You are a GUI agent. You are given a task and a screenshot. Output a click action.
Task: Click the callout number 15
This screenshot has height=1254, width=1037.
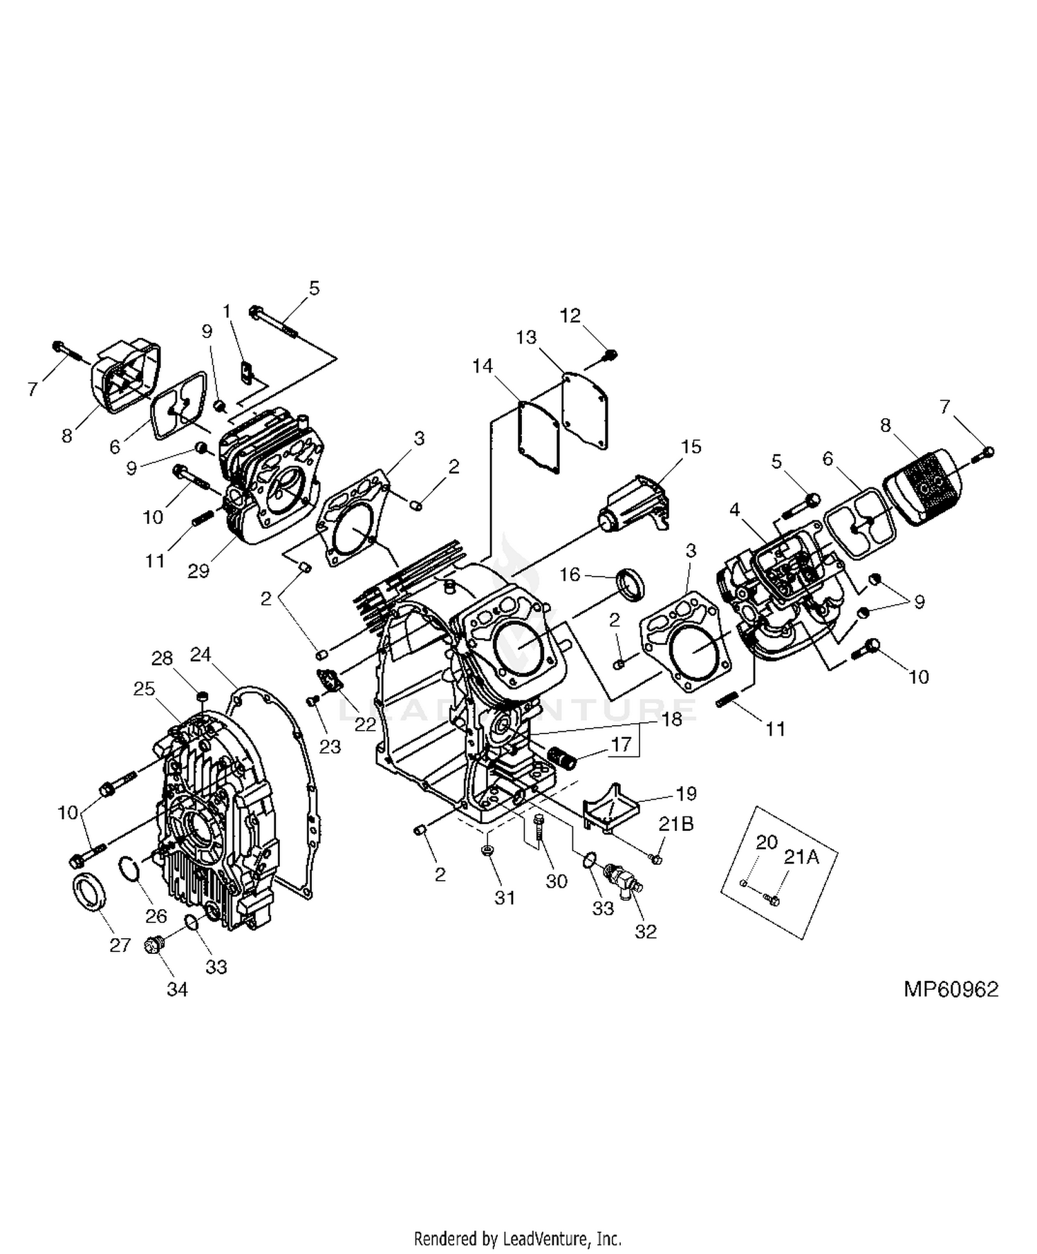[x=691, y=447]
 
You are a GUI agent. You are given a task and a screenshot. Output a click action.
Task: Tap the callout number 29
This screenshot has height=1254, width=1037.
[x=198, y=571]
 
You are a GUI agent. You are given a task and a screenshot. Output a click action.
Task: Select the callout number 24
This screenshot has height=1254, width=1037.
[x=200, y=654]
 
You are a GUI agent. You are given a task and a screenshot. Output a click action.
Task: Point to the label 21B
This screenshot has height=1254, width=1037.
[x=676, y=823]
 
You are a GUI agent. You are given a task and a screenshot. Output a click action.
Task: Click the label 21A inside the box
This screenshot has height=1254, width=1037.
[x=801, y=857]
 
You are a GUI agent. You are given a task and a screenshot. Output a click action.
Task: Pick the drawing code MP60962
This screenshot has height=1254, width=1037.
[x=951, y=989]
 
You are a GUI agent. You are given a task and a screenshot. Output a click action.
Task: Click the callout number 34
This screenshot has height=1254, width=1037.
[x=177, y=989]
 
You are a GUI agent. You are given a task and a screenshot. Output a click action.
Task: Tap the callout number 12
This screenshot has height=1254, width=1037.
[x=570, y=315]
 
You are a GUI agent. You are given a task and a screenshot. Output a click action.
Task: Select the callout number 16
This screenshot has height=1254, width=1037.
[x=570, y=574]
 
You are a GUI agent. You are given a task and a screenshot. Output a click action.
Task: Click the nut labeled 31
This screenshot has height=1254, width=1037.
[x=487, y=850]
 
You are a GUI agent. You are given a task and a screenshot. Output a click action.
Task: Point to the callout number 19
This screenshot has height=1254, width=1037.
[x=686, y=793]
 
